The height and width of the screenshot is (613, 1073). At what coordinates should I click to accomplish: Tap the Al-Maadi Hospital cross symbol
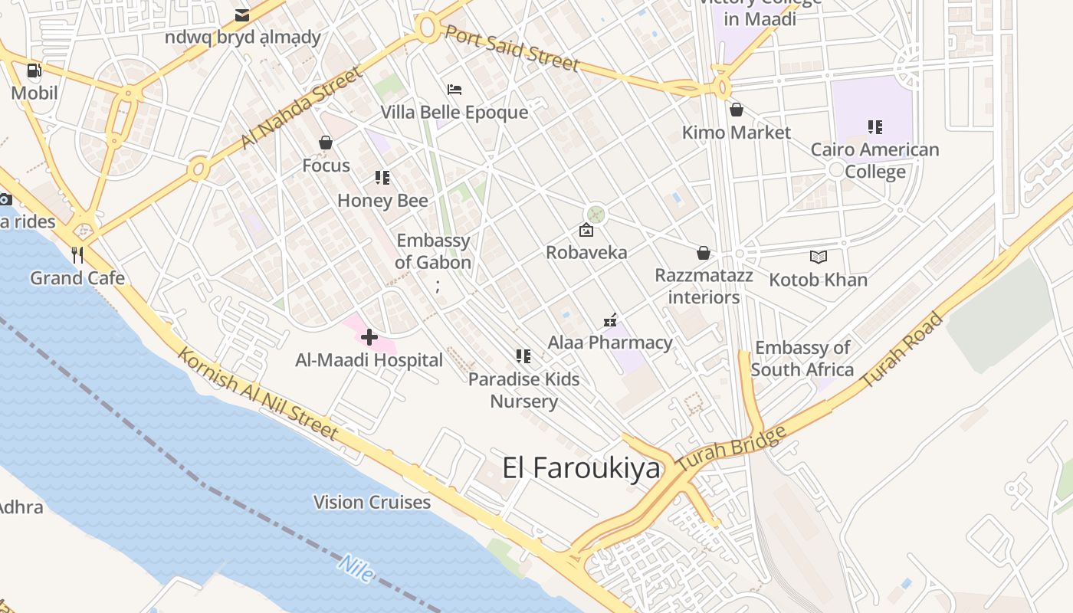click(x=369, y=337)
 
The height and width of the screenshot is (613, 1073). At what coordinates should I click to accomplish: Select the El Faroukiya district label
click(x=581, y=468)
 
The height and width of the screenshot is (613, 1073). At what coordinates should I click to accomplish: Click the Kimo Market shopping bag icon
click(x=737, y=110)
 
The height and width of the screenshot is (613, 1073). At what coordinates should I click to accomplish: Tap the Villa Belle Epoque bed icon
click(x=454, y=90)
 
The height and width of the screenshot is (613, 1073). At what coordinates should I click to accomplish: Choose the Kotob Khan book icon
click(x=819, y=257)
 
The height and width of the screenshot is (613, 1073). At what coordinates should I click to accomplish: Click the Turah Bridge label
click(x=732, y=449)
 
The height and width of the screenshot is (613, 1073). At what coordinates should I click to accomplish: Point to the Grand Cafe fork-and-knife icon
click(x=77, y=254)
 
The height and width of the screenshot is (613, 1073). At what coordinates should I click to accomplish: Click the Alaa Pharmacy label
click(x=610, y=343)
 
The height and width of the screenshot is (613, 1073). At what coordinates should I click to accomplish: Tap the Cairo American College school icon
click(x=874, y=126)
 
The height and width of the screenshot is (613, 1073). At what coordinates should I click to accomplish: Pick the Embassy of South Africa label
click(x=802, y=359)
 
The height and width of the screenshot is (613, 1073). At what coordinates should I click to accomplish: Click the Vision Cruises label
click(x=372, y=503)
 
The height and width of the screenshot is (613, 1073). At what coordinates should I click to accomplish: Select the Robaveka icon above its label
click(x=586, y=230)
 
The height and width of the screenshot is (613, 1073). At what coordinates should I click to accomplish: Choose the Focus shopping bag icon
click(x=326, y=143)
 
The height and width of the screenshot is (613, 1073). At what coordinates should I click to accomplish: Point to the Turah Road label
click(x=902, y=350)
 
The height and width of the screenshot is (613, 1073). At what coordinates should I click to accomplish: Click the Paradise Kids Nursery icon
click(x=523, y=356)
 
